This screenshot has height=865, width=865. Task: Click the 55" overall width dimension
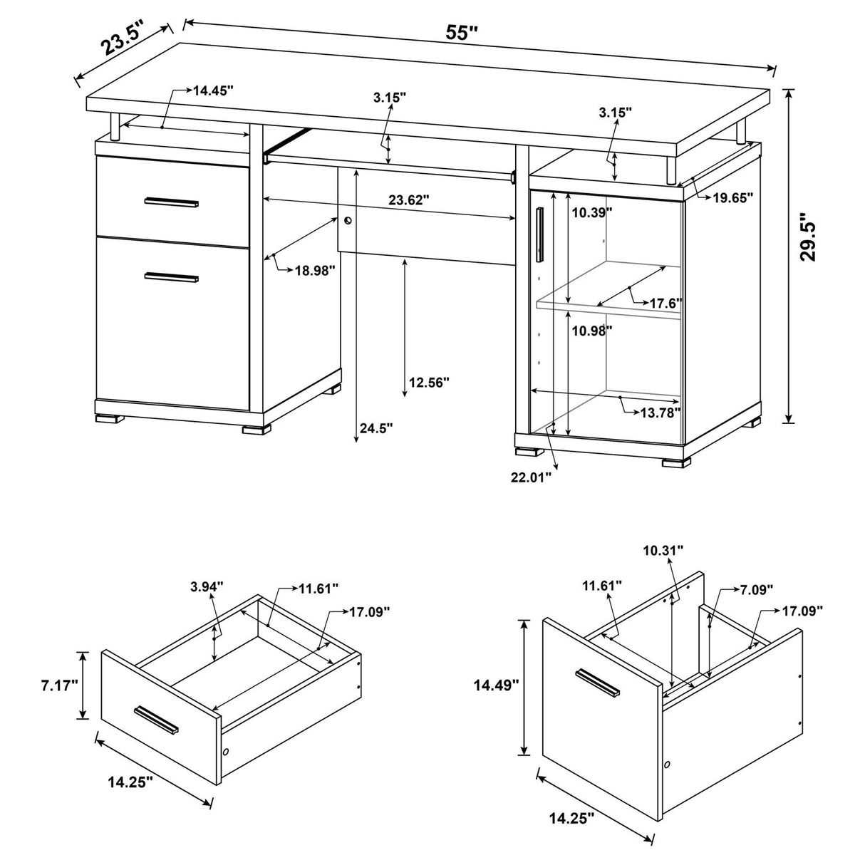(462, 33)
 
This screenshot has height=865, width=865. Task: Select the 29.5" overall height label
(808, 237)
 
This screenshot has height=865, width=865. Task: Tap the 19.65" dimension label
(733, 199)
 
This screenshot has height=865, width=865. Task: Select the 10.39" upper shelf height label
(591, 212)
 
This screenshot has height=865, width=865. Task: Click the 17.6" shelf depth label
(665, 303)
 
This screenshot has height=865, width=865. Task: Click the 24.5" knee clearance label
(376, 428)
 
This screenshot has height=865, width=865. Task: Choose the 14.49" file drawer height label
(496, 685)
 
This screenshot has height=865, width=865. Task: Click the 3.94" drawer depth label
(207, 586)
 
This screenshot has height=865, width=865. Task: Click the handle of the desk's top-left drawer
(172, 203)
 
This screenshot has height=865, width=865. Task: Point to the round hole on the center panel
(348, 221)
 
